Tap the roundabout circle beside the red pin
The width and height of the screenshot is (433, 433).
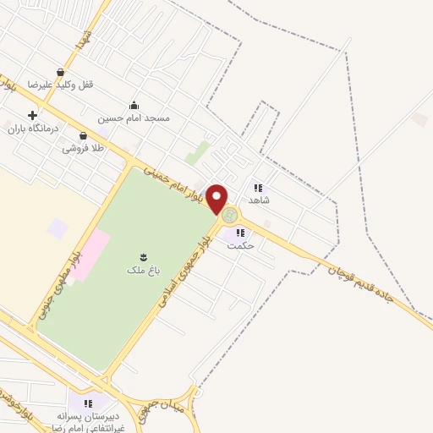pyautogui.click(x=230, y=216)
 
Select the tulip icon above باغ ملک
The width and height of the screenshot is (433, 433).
pyautogui.click(x=142, y=256)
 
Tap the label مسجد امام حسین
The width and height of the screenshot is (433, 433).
pyautogui.click(x=134, y=118)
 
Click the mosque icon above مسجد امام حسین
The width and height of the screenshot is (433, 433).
pyautogui.click(x=134, y=106)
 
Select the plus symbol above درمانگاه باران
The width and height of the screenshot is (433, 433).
pyautogui.click(x=32, y=115)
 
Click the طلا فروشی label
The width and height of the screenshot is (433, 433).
pyautogui.click(x=82, y=149)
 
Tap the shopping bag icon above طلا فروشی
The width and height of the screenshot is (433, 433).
pyautogui.click(x=83, y=136)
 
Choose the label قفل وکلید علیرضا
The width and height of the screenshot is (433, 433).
pyautogui.click(x=61, y=85)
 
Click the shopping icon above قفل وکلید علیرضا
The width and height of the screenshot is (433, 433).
pyautogui.click(x=60, y=73)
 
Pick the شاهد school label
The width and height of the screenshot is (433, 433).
pyautogui.click(x=259, y=200)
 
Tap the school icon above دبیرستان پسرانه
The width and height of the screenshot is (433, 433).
pyautogui.click(x=87, y=403)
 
